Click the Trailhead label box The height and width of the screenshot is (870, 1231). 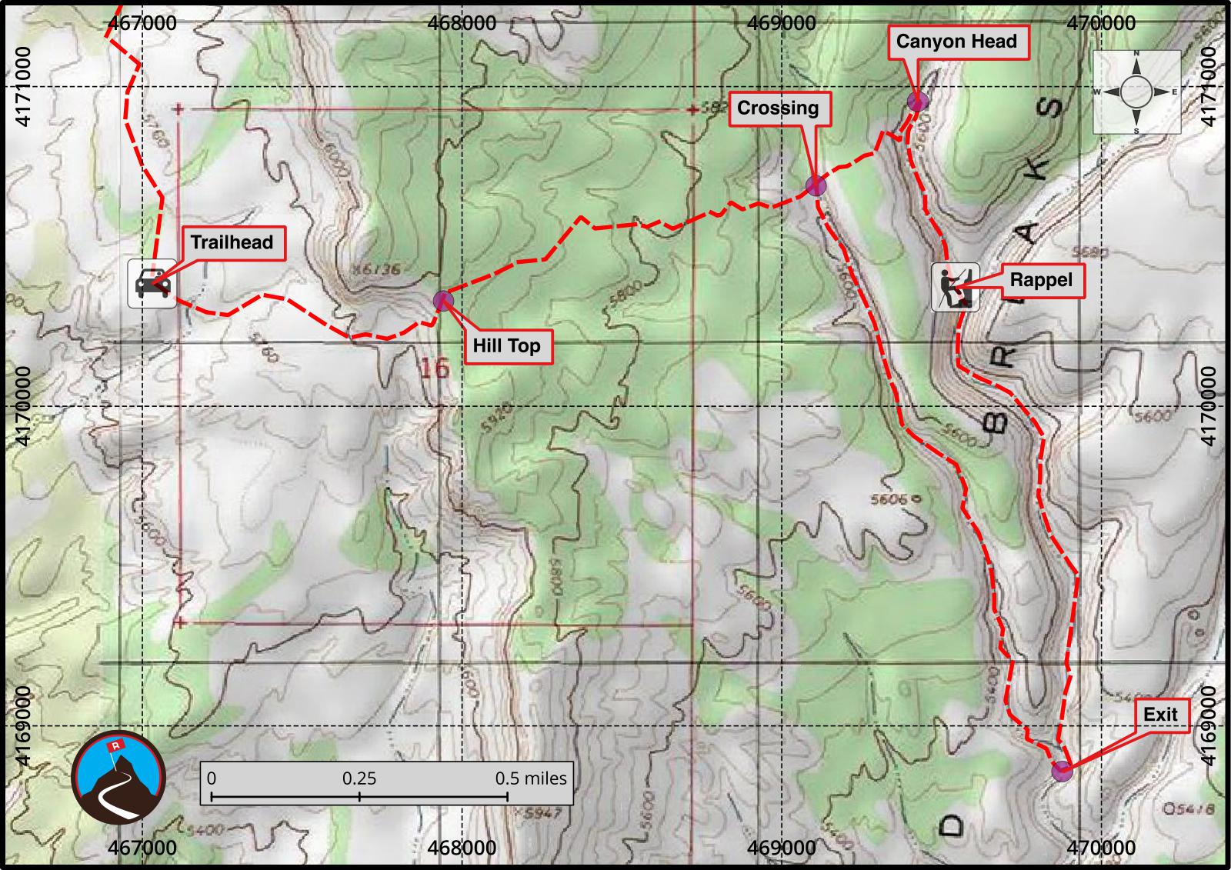point(232,242)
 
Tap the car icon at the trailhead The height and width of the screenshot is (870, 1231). point(152,284)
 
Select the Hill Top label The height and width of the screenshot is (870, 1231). point(506,345)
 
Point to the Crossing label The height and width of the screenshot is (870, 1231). point(778,108)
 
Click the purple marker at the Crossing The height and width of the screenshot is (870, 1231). point(816,185)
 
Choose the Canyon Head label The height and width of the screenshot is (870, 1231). point(956,42)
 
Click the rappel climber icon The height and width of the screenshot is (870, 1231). point(955,287)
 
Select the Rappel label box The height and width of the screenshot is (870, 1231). point(1041,280)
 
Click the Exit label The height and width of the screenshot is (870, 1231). point(1160,715)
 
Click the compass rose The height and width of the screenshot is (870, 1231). point(1137,92)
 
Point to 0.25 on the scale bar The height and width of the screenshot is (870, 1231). point(359,778)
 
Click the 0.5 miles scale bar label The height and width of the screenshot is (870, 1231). point(531,778)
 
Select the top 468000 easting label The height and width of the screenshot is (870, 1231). point(462,23)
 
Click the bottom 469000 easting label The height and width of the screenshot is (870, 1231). point(780,848)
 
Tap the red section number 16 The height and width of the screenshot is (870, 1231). point(435,368)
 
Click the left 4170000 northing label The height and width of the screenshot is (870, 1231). point(23,405)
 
